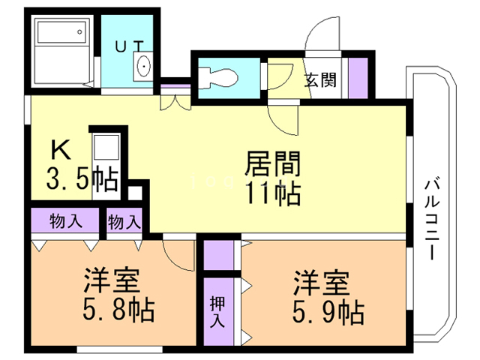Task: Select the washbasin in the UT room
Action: [x=143, y=67]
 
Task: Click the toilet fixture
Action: [x=219, y=75]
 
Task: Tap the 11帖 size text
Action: [x=271, y=193]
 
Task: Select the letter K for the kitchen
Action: [x=60, y=150]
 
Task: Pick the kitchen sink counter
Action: [x=105, y=163]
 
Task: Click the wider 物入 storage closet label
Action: [x=65, y=222]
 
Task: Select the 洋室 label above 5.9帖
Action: [x=320, y=280]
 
